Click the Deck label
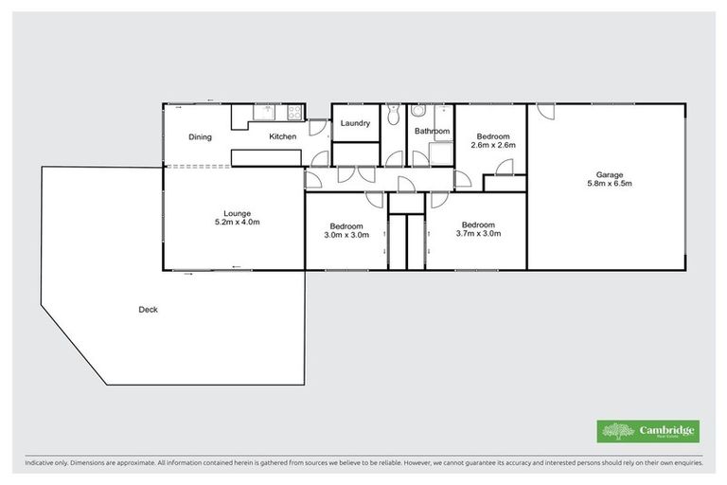tap(148, 310)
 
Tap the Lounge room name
tap(237, 212)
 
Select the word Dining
tap(200, 137)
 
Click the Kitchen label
tap(282, 137)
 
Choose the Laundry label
tap(355, 123)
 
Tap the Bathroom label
tap(432, 131)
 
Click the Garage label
tap(609, 174)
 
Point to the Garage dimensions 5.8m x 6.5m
tap(609, 184)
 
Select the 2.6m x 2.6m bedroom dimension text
tap(492, 145)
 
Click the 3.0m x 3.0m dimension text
tap(346, 235)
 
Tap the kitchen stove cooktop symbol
tap(294, 114)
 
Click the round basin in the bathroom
tap(417, 113)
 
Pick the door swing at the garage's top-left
tap(545, 111)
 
